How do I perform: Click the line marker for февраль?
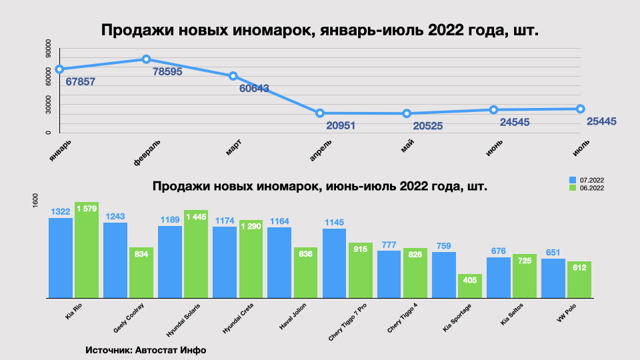click(x=146, y=59)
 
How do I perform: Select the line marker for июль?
click(x=581, y=109)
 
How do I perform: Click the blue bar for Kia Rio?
click(x=61, y=257)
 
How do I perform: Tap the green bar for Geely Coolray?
click(x=141, y=273)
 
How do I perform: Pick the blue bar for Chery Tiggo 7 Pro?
click(x=335, y=263)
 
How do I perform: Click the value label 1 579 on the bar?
click(x=87, y=209)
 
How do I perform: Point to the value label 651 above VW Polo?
click(x=553, y=252)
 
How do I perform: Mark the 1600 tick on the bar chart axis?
click(x=37, y=201)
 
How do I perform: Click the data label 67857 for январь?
click(x=81, y=82)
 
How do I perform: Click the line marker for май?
click(x=407, y=114)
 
